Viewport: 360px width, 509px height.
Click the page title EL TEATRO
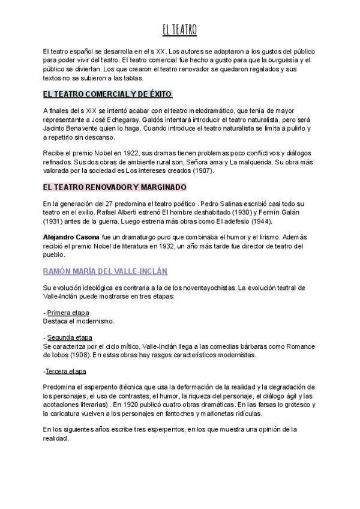(x=179, y=29)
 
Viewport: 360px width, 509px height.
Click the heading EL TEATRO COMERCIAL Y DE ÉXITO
(x=108, y=94)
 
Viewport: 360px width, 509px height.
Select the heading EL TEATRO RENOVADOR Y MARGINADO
(x=115, y=187)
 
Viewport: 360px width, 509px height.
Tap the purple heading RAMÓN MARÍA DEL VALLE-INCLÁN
(x=105, y=271)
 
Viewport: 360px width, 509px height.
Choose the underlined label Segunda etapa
(x=70, y=338)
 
